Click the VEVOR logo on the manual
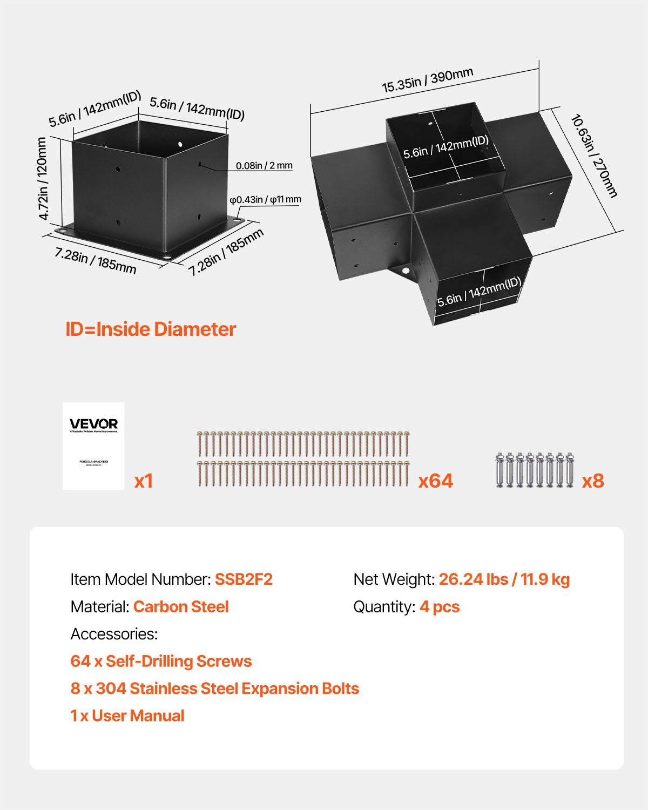pyautogui.click(x=93, y=424)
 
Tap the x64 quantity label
pyautogui.click(x=435, y=481)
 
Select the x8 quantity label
pyautogui.click(x=592, y=481)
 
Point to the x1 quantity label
pyautogui.click(x=144, y=481)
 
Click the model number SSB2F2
pyautogui.click(x=244, y=579)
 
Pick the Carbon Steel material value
pyautogui.click(x=181, y=607)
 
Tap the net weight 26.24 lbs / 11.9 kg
pyautogui.click(x=504, y=579)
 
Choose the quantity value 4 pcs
pyautogui.click(x=440, y=607)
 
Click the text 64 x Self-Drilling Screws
pyautogui.click(x=161, y=661)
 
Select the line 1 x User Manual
pyautogui.click(x=127, y=716)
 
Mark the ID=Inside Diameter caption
pyautogui.click(x=151, y=329)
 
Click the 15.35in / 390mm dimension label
pyautogui.click(x=428, y=80)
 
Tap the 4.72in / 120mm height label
pyautogui.click(x=42, y=179)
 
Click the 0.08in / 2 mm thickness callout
pyautogui.click(x=264, y=166)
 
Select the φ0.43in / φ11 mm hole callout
pyautogui.click(x=265, y=200)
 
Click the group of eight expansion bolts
pyautogui.click(x=535, y=470)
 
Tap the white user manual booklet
pyautogui.click(x=93, y=446)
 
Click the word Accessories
pyautogui.click(x=114, y=634)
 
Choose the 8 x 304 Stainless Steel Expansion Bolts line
pyautogui.click(x=215, y=689)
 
